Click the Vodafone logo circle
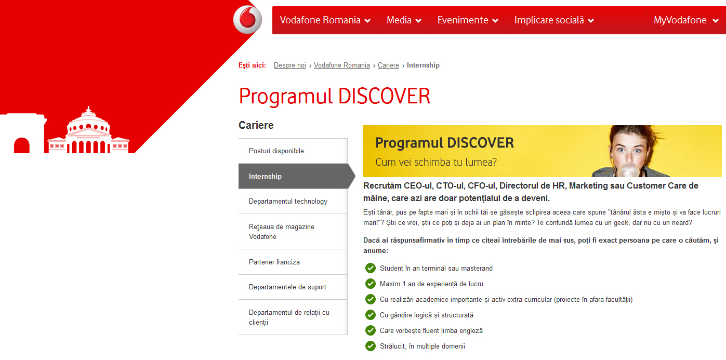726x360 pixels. pos(247,19)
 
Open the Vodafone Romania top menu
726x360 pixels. pos(325,20)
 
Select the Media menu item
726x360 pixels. pos(404,20)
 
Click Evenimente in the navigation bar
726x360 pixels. pos(468,20)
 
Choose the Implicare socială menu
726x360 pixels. pos(554,20)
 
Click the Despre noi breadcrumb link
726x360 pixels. pos(290,65)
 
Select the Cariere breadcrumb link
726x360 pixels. pos(388,65)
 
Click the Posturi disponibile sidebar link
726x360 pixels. pos(276,151)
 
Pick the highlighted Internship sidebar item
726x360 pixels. pos(297,176)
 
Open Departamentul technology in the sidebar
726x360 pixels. pos(288,201)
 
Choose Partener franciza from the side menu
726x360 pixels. pos(274,262)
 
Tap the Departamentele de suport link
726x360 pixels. pos(287,287)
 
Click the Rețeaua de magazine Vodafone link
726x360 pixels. pos(281,231)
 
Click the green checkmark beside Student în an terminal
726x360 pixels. pos(371,268)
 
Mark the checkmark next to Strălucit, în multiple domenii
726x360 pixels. pos(371,346)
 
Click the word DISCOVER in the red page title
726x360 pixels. pos(384,96)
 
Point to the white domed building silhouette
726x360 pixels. pos(88,131)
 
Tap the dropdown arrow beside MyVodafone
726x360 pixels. pos(716,21)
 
